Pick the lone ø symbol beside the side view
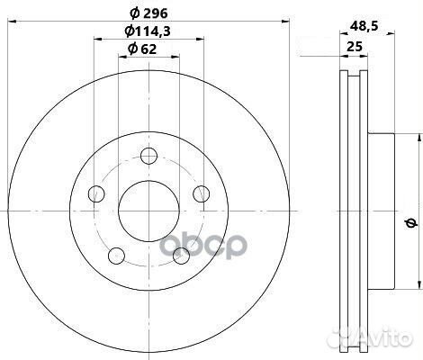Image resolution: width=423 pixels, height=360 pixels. (409, 221)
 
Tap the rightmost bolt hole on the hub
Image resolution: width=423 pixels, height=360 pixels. (202, 191)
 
